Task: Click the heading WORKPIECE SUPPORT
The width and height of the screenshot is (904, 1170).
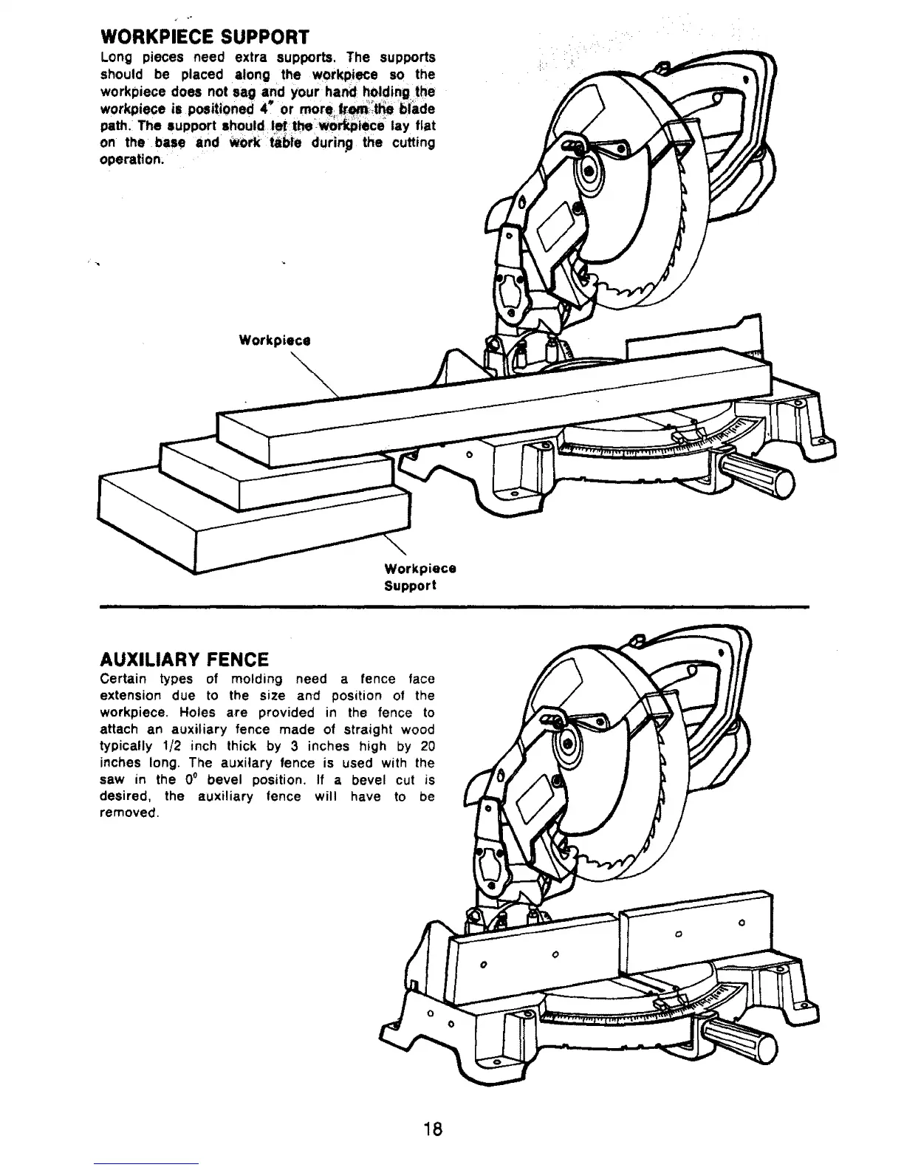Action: tap(204, 36)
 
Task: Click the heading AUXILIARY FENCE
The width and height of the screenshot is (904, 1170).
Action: tap(184, 658)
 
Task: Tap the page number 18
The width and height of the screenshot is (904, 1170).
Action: tap(433, 1129)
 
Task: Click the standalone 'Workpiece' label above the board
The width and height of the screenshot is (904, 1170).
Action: tap(274, 341)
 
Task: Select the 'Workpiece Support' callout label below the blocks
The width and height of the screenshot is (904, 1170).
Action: tap(420, 577)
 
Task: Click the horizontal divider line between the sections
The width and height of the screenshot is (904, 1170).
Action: tap(454, 606)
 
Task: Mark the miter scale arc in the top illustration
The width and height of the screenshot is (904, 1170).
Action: tap(650, 446)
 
